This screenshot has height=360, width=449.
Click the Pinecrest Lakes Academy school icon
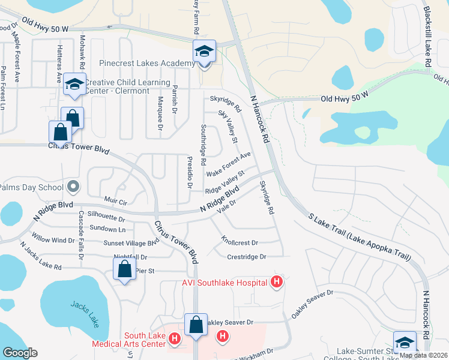pos(204,52)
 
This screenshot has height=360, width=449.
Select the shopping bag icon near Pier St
pos(124,268)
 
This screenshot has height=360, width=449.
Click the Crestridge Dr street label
pos(246,257)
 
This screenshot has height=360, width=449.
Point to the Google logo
pos(20,353)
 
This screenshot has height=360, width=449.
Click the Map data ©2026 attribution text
pos(423,355)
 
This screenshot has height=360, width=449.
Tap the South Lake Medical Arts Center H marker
pos(174,339)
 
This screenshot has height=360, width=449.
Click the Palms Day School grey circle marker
pos(73,187)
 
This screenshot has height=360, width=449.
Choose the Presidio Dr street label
pos(188,173)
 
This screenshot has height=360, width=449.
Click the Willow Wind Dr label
pos(53,240)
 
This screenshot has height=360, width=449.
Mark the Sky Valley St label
pos(228,127)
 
